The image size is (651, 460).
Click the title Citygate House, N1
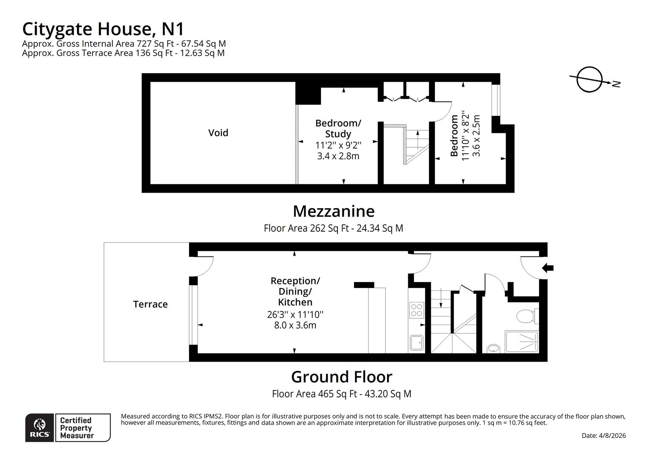[103, 29]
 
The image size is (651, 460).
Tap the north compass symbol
[590, 80]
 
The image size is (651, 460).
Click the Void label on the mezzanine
[218, 133]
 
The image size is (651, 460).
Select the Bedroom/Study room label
[338, 128]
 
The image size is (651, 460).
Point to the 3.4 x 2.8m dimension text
[338, 156]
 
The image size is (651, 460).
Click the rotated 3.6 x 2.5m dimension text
[477, 136]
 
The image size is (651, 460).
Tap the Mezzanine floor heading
[334, 211]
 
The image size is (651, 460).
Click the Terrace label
[150, 304]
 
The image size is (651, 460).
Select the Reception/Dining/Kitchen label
[295, 291]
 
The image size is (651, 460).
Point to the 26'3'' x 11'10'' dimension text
[295, 315]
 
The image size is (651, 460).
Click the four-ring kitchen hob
[416, 310]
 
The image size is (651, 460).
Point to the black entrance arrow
[548, 268]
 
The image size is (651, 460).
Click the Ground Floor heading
[341, 377]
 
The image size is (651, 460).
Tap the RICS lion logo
[40, 427]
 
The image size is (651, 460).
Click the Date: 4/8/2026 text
[603, 435]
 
